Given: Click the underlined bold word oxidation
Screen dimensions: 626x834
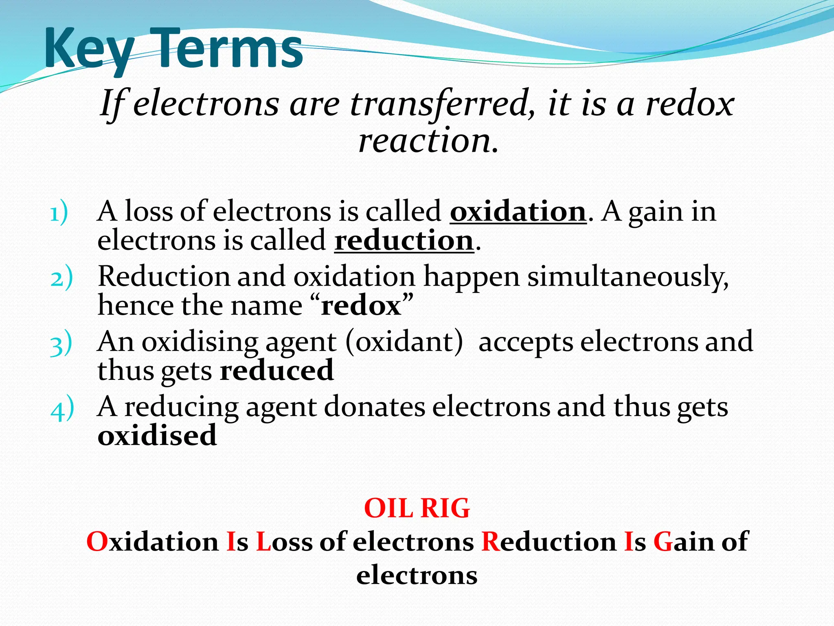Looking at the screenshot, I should pyautogui.click(x=518, y=212).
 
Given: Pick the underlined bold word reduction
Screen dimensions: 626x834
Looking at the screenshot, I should pyautogui.click(x=404, y=241).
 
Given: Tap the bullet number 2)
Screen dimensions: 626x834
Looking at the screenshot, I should pyautogui.click(x=61, y=278).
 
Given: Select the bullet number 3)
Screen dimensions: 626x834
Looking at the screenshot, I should pyautogui.click(x=61, y=344).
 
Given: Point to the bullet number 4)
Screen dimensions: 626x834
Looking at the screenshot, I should pyautogui.click(x=62, y=409).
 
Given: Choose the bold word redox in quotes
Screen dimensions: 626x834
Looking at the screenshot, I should pyautogui.click(x=361, y=306).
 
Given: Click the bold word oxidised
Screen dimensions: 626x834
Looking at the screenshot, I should pyautogui.click(x=157, y=435).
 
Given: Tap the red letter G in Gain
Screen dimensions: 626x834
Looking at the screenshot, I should pyautogui.click(x=663, y=542).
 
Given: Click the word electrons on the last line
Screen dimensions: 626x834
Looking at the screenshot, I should pyautogui.click(x=417, y=575).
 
